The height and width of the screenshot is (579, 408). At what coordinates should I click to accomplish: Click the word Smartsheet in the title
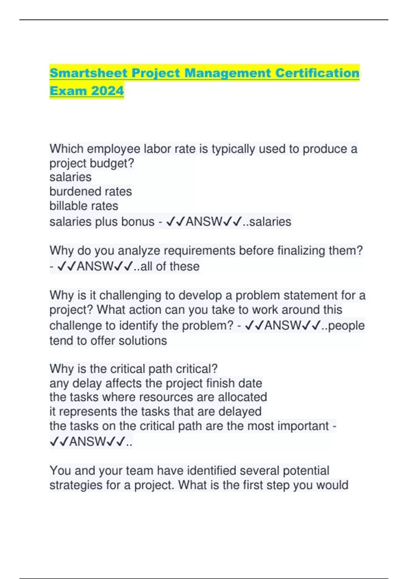(x=88, y=73)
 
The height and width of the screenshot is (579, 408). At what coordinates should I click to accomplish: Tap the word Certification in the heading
(x=317, y=73)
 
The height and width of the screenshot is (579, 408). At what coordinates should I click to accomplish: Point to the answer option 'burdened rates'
(x=90, y=191)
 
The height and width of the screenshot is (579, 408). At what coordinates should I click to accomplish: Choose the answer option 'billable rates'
(x=84, y=206)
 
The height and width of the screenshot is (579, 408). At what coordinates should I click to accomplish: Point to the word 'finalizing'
(x=301, y=251)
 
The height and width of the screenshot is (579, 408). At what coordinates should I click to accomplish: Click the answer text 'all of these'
(x=170, y=266)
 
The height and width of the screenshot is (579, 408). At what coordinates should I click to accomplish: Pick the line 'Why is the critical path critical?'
(x=133, y=369)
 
